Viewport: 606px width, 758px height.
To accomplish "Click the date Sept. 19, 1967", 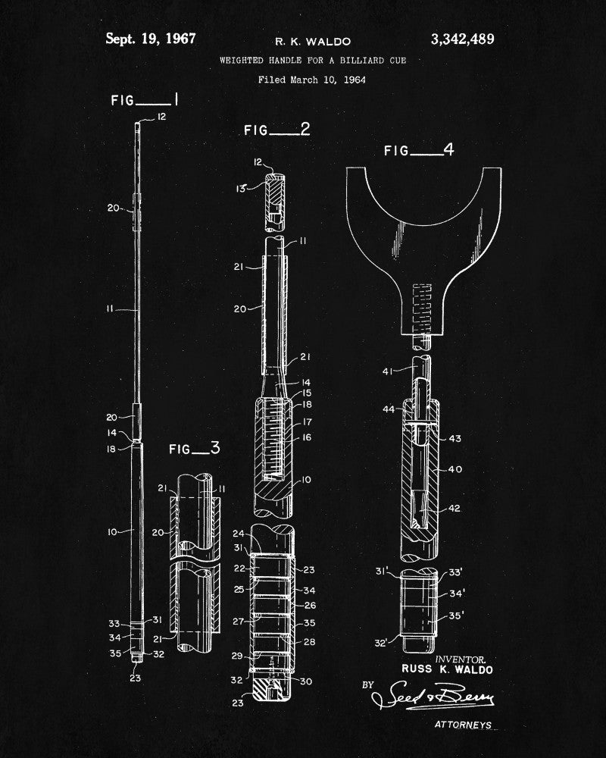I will coord(150,38).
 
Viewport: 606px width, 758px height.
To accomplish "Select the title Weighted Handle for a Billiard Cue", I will coord(312,59).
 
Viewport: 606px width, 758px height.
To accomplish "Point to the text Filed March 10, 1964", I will coord(311,79).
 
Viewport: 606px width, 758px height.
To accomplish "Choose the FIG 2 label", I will coord(276,130).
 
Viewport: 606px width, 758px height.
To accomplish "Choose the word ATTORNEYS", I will coord(463,725).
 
